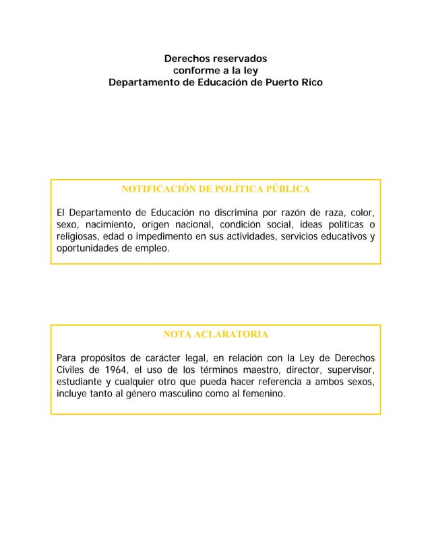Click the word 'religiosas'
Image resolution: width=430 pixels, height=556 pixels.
80,237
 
